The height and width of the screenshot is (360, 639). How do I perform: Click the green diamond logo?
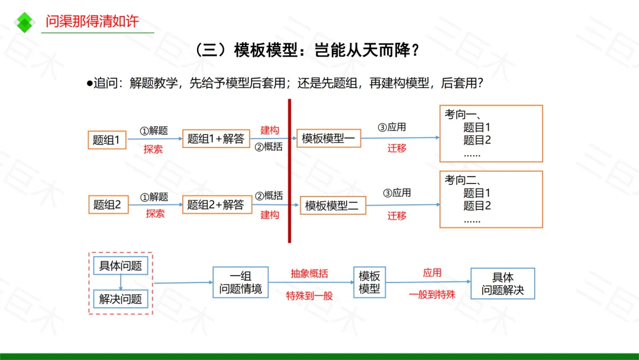pyautogui.click(x=24, y=22)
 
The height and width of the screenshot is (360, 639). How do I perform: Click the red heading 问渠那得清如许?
pyautogui.click(x=92, y=21)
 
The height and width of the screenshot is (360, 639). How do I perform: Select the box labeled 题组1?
pyautogui.click(x=106, y=140)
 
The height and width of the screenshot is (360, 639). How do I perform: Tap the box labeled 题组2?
pyautogui.click(x=108, y=205)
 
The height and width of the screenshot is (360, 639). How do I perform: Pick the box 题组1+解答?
pyautogui.click(x=216, y=139)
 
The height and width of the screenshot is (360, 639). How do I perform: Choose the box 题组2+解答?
pyautogui.click(x=217, y=205)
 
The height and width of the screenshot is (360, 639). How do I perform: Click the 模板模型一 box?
pyautogui.click(x=328, y=138)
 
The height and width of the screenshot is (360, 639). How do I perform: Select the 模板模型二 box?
pyautogui.click(x=333, y=205)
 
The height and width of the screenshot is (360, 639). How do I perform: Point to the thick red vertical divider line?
pyautogui.click(x=289, y=171)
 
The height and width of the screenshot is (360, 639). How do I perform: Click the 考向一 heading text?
pyautogui.click(x=463, y=114)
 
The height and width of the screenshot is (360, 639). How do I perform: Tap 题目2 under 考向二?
pyautogui.click(x=477, y=206)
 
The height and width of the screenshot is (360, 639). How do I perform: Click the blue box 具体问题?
pyautogui.click(x=121, y=266)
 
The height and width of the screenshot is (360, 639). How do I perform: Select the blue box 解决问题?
pyautogui.click(x=121, y=299)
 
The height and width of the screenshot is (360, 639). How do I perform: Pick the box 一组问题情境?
pyautogui.click(x=240, y=282)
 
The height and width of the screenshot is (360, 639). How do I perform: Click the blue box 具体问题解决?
pyautogui.click(x=502, y=284)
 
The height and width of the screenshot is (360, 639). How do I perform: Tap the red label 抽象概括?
pyautogui.click(x=309, y=274)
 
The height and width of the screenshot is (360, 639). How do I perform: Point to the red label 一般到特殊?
pyautogui.click(x=432, y=294)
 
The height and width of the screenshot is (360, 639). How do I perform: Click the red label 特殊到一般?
pyautogui.click(x=309, y=295)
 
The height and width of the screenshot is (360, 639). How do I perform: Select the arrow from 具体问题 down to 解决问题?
pyautogui.click(x=121, y=282)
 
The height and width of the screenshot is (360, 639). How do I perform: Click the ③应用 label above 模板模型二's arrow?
pyautogui.click(x=397, y=193)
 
